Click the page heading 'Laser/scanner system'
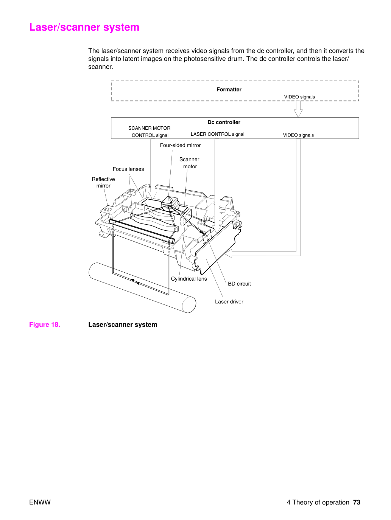84,27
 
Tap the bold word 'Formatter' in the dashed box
229,89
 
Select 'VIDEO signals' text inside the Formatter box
299,97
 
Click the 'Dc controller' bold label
224,122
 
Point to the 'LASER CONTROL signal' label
217,134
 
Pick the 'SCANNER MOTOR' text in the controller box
150,128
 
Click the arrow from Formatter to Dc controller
298,109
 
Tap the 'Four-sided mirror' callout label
180,145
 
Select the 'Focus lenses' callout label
128,169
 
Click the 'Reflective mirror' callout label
103,182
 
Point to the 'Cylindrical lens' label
189,279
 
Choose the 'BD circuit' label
239,284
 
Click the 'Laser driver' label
229,301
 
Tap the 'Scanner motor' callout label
189,163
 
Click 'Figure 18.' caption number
45,324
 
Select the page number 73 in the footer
357,502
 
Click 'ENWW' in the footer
40,502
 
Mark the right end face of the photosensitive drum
189,304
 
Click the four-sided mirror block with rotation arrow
170,201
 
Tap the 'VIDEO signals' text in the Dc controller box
298,135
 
